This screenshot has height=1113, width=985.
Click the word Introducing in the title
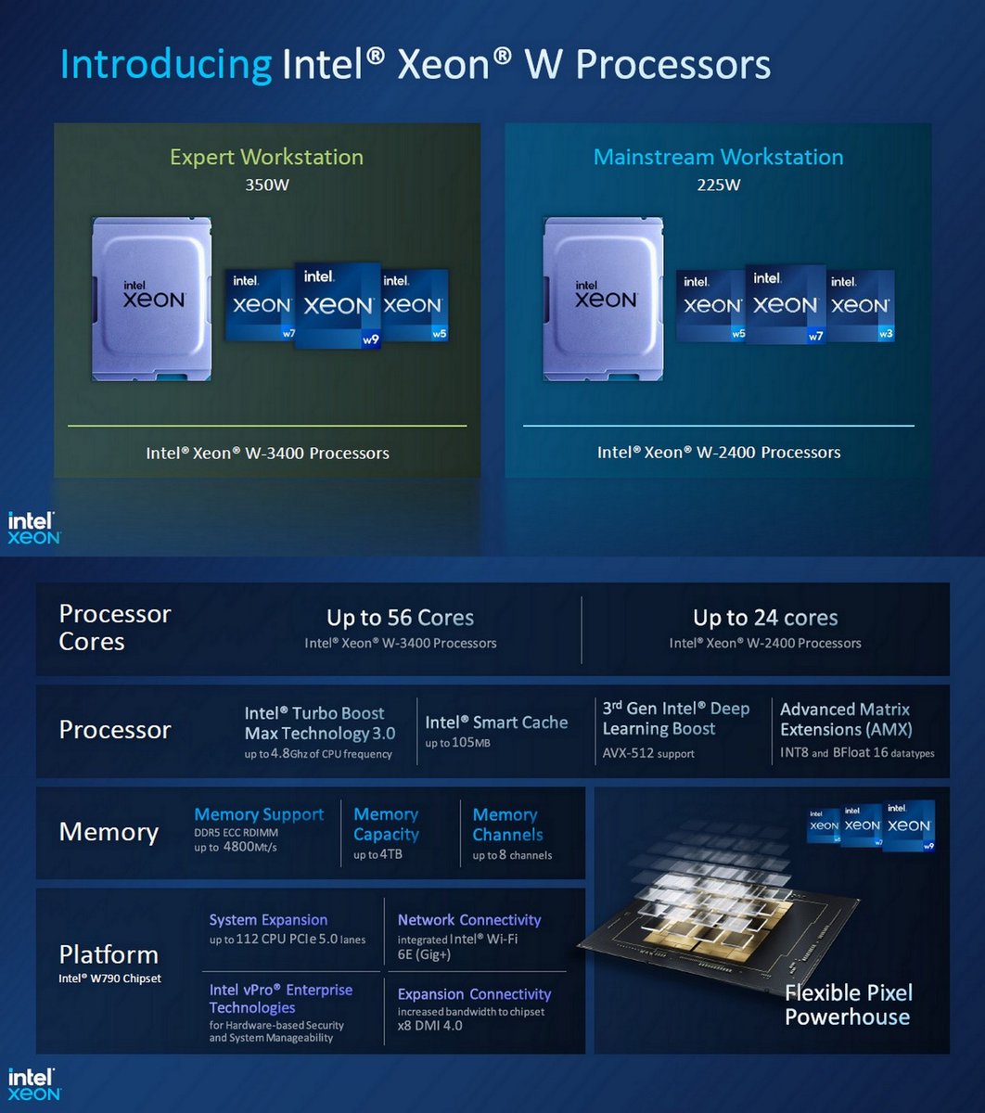pos(165,65)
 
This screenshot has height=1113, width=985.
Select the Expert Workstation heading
pos(266,157)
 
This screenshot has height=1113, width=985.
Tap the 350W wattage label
pos(266,185)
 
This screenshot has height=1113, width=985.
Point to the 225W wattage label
pos(718,185)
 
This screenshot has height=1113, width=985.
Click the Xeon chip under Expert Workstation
pos(153,299)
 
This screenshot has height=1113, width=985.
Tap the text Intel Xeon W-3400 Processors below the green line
pos(267,454)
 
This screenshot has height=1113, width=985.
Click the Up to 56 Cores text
pos(400,618)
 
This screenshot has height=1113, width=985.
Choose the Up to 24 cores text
pos(765,618)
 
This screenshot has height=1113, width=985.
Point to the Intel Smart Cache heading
pos(496,723)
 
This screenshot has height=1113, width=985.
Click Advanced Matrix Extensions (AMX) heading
pos(846,719)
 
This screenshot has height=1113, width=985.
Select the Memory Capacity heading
pos(386,824)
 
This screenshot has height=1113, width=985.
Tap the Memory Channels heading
pos(506,824)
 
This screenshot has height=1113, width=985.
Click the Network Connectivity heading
pos(469,920)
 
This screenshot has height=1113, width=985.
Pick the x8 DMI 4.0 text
pos(429,1025)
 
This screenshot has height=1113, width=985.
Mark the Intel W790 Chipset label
pos(109,979)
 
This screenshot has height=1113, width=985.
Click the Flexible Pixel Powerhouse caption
pos(848,1004)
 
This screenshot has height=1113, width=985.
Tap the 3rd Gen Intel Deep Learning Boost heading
pos(675,719)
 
